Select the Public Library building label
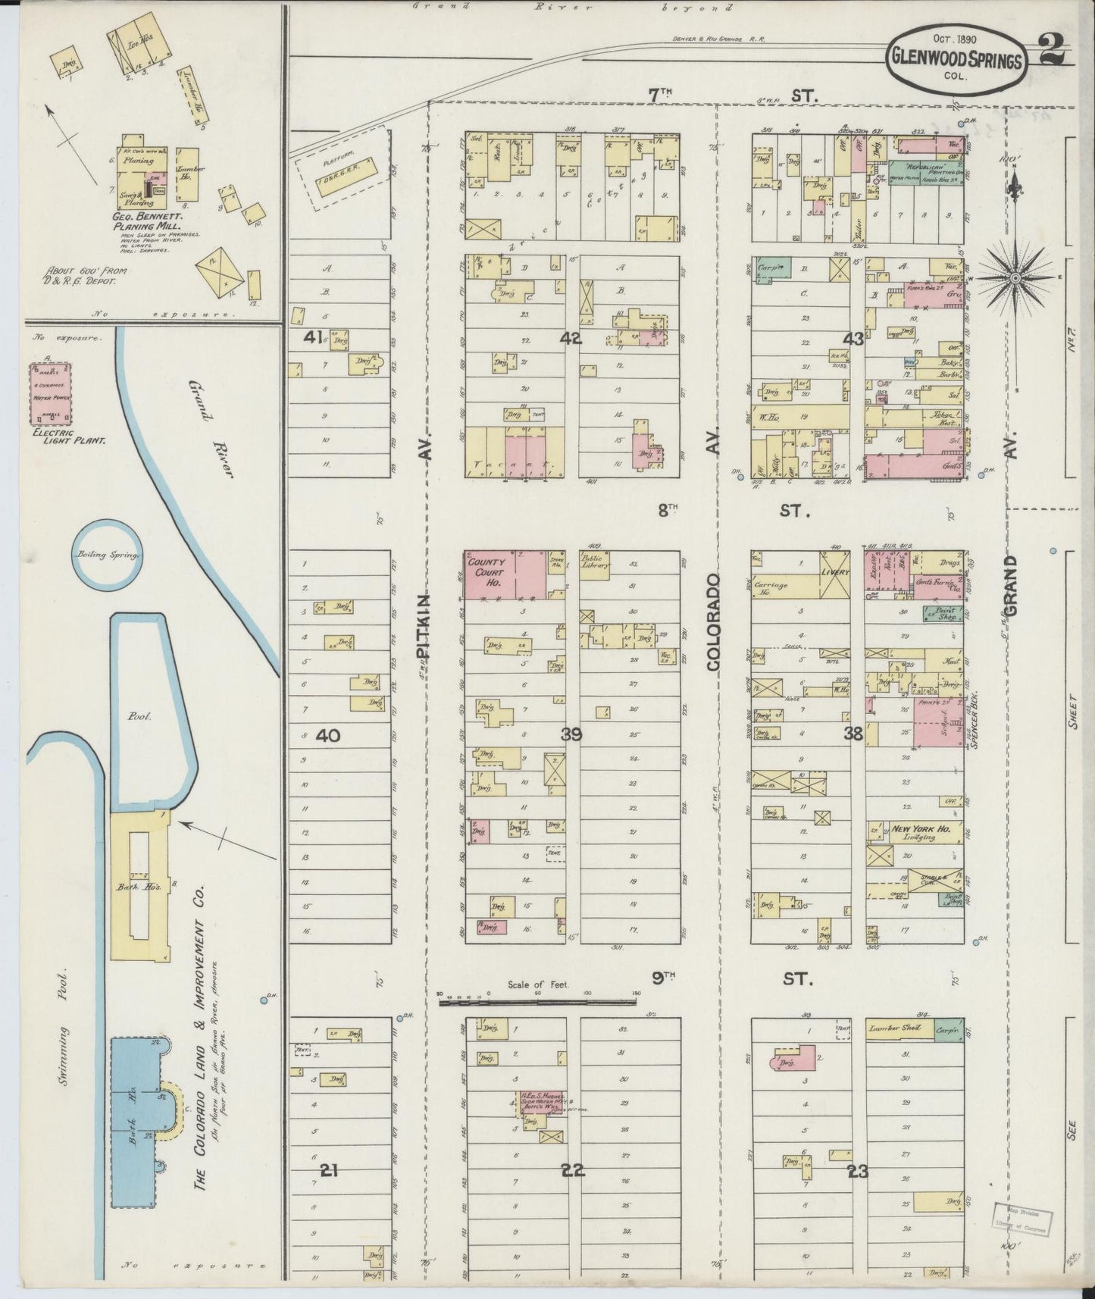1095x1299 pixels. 596,565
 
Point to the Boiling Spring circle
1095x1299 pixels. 108,555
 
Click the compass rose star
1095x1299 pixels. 1014,278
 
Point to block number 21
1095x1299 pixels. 327,1191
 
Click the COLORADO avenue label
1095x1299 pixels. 713,621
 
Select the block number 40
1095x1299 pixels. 327,734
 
